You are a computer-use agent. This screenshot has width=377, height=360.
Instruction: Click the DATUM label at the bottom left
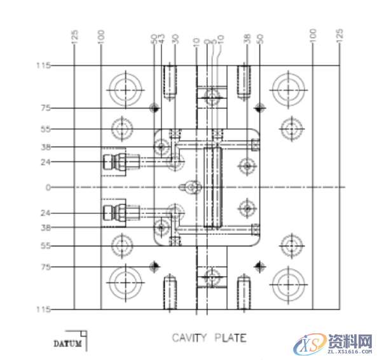[x=67, y=344]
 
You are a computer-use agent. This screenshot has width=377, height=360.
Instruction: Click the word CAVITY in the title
[x=189, y=338]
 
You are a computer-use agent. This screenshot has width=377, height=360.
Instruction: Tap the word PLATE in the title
[x=229, y=338]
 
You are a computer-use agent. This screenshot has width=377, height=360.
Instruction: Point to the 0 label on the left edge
[x=47, y=187]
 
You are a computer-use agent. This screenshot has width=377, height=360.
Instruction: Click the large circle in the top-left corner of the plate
[x=125, y=88]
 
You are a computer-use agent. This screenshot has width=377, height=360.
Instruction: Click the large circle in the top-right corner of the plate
[x=290, y=88]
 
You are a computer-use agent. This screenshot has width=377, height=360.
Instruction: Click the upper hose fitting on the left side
[x=114, y=161]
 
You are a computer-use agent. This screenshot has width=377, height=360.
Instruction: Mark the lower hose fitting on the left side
[x=114, y=212]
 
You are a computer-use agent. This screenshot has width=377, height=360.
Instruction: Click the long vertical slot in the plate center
[x=212, y=187]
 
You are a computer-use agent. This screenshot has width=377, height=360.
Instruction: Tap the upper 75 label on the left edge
[x=46, y=108]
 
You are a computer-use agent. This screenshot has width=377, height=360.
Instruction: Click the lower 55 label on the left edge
[x=46, y=246]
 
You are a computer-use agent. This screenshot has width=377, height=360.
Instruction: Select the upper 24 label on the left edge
[x=46, y=162]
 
